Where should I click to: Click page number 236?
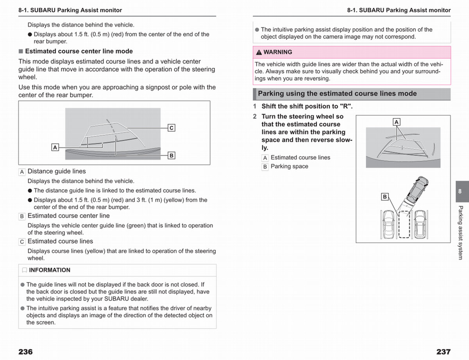pos(25,352)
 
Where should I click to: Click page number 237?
pos(443,352)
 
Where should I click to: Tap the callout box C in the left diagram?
pos(171,127)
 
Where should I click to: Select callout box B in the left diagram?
pos(171,156)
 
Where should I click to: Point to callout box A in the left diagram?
pos(55,147)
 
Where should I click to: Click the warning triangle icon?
pos(259,52)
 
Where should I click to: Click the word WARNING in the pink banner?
pos(277,52)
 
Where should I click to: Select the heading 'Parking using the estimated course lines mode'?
pos(337,94)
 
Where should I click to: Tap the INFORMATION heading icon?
pos(25,270)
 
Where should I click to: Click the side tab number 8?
pos(460,191)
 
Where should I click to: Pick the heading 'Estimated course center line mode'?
pos(79,51)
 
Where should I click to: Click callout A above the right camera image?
pos(396,122)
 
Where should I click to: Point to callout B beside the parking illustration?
pos(385,197)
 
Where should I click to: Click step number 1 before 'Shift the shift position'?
pos(255,106)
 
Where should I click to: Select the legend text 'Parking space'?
pos(289,167)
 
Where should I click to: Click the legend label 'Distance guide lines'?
pos(57,171)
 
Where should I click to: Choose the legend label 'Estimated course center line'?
pos(68,216)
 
